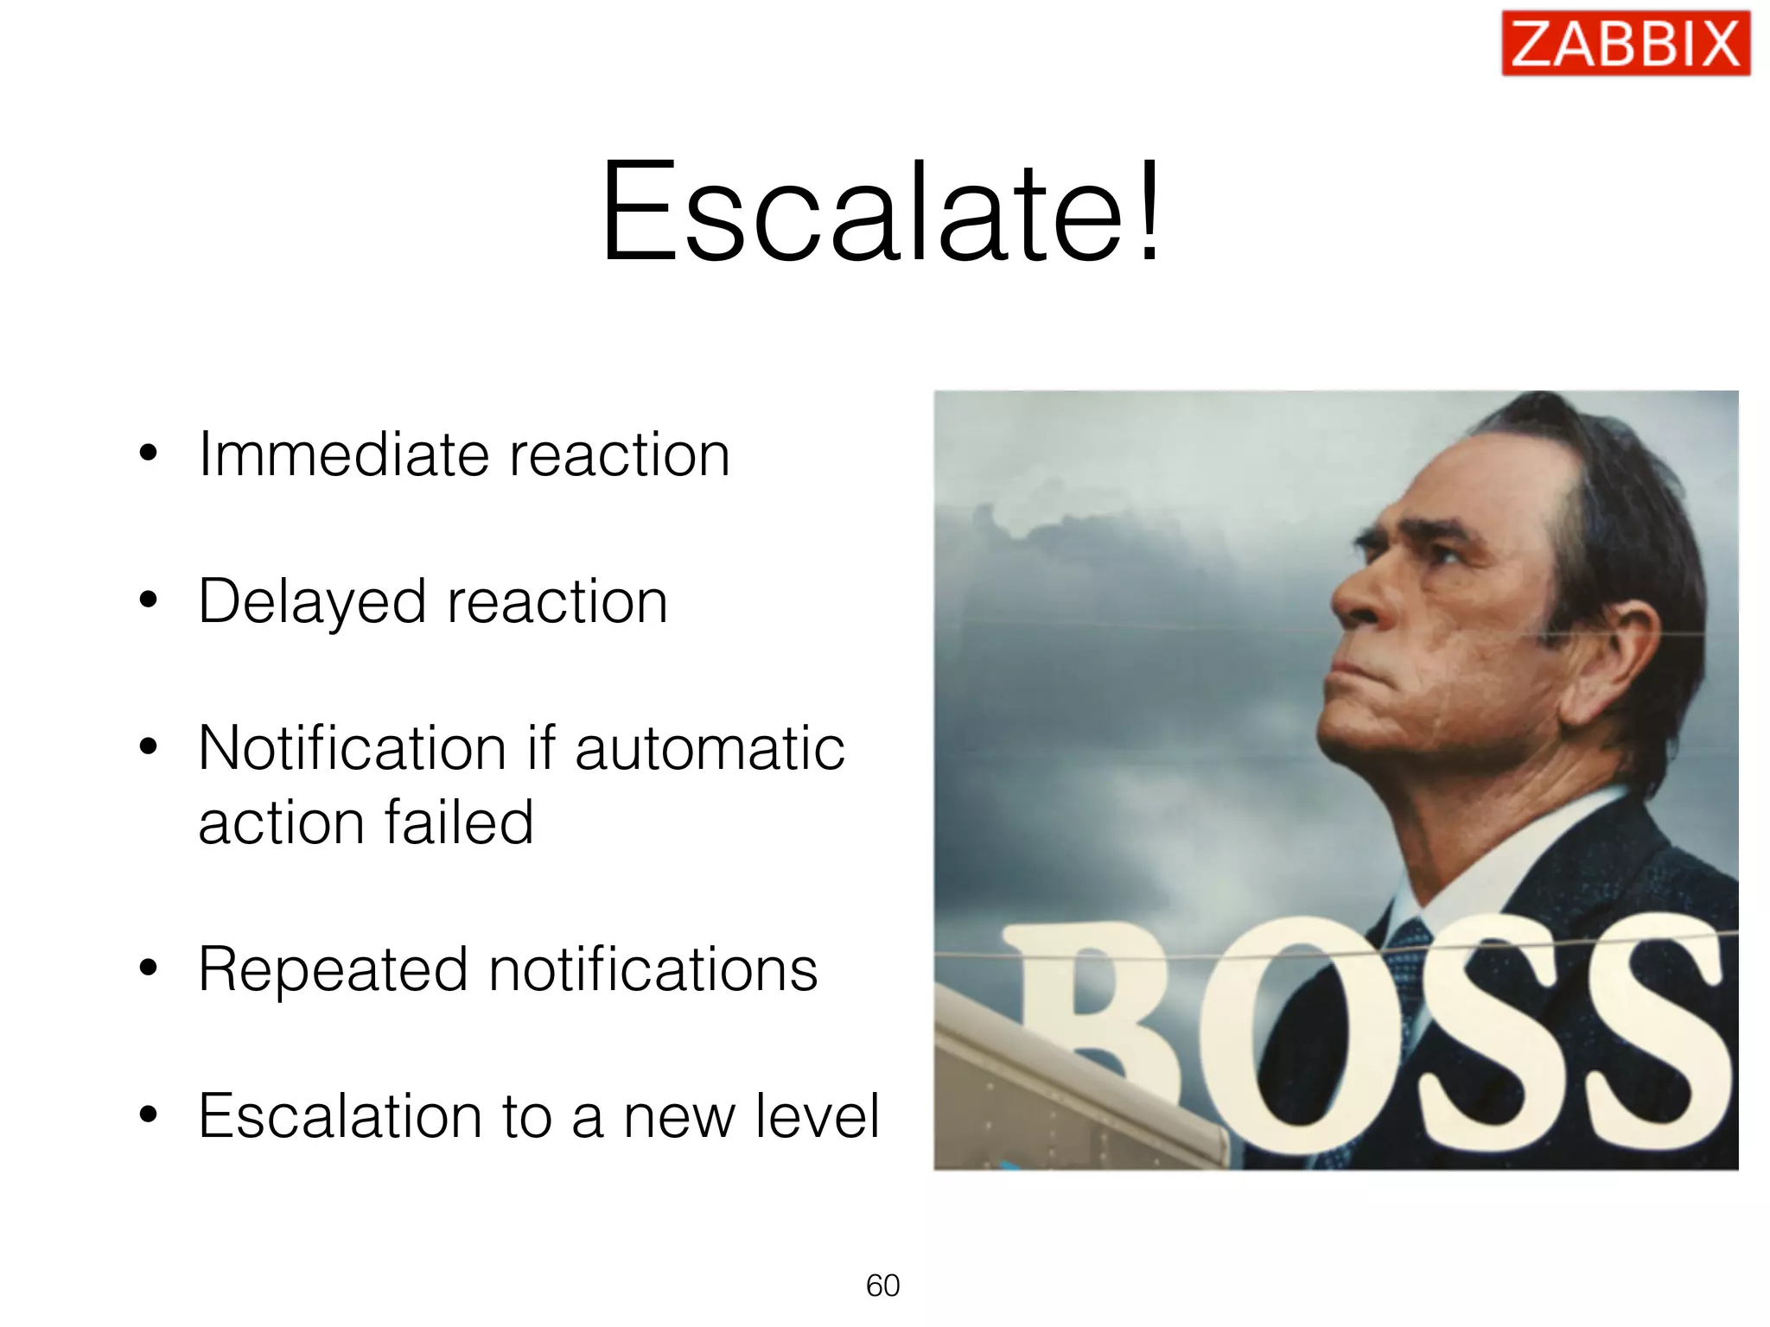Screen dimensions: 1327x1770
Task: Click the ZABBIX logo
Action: (1625, 43)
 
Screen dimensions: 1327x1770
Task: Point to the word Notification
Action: (352, 748)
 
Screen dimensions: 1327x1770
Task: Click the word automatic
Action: (709, 748)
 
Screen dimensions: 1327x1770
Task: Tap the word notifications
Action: (653, 970)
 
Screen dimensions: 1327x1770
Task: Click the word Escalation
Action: (340, 1116)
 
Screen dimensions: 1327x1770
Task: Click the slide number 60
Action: (882, 1286)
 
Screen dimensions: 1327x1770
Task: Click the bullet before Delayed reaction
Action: (149, 600)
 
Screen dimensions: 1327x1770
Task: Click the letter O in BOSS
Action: (1296, 1037)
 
